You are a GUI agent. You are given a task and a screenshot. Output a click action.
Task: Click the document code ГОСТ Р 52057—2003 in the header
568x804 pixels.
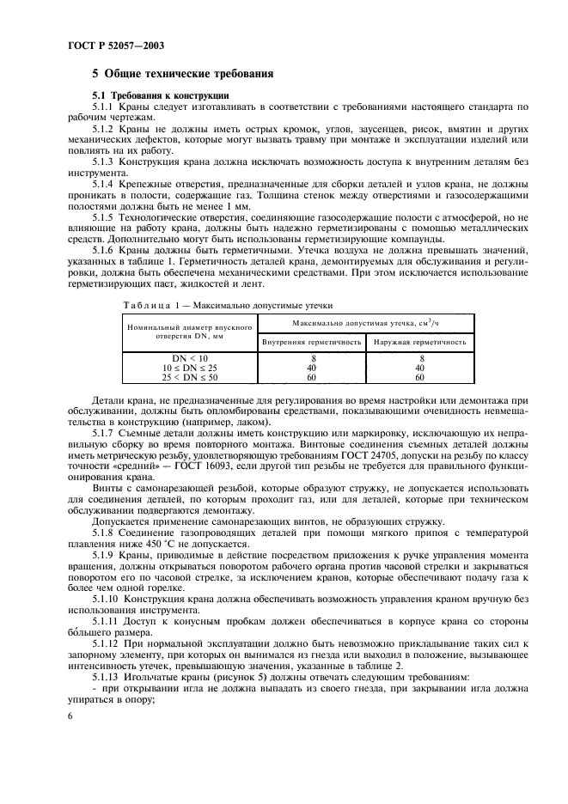tap(111, 43)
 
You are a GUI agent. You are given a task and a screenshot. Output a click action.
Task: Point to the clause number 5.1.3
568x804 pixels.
tap(107, 162)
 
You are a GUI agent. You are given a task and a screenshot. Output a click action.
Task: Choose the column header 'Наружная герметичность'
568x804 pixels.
tap(420, 342)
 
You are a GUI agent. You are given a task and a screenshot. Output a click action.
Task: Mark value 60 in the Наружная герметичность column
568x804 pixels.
tap(420, 377)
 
